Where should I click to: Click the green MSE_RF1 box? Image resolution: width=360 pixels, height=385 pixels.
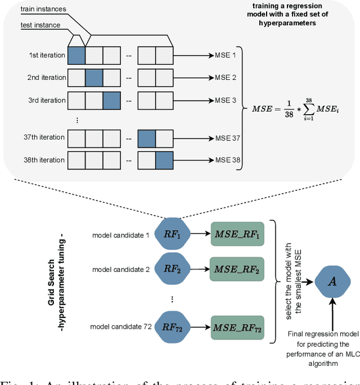pos(236,236)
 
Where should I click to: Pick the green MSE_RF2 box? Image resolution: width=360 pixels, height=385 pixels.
pos(236,269)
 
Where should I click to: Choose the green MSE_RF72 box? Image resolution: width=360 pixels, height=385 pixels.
pos(236,326)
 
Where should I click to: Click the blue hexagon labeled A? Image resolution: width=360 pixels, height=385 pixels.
pos(332,281)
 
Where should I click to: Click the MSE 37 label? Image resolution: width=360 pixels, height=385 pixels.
pos(228,138)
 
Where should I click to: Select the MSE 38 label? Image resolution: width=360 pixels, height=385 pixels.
pos(228,160)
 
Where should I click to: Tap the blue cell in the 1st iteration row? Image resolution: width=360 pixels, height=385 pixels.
pos(76,55)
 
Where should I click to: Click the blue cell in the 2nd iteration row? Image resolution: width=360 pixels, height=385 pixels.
pos(94,78)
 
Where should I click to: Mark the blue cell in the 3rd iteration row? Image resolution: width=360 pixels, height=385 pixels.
pos(111,100)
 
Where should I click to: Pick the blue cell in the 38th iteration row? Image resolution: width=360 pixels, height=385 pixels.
pos(165,160)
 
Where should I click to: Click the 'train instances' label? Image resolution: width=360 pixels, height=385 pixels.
pos(44,10)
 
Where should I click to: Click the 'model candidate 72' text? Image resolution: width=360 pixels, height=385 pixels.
pos(121,326)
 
